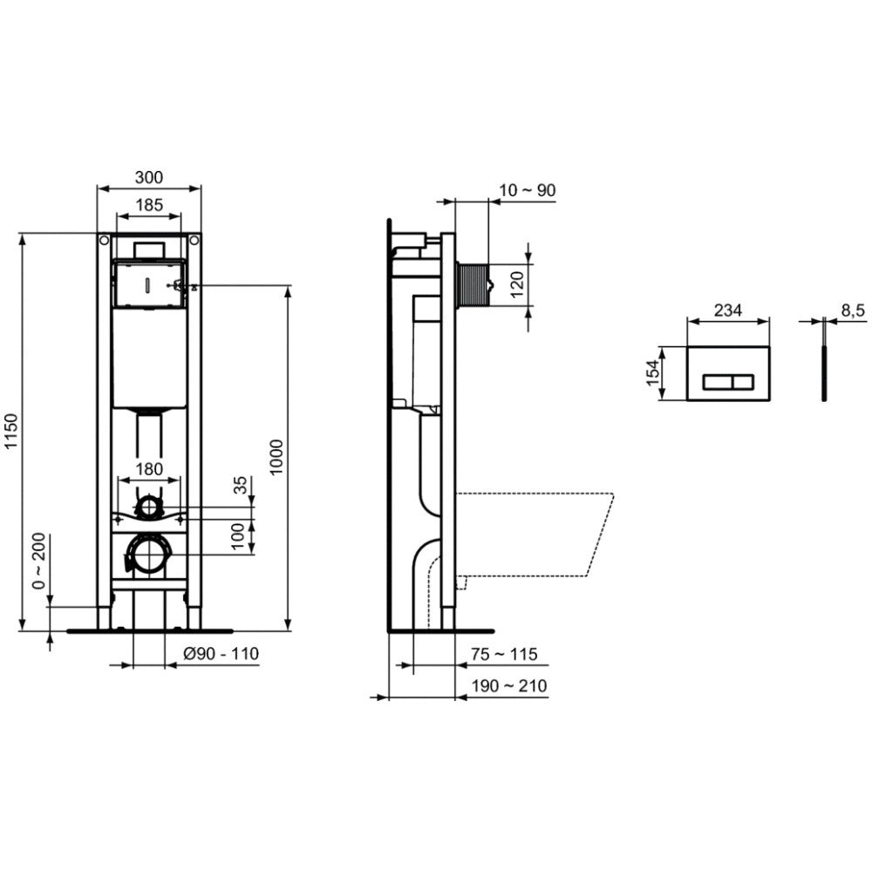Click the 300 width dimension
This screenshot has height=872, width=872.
point(149,177)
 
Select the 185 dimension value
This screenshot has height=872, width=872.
point(149,205)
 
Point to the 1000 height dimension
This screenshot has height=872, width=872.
point(276,457)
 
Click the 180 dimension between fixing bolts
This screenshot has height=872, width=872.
point(149,469)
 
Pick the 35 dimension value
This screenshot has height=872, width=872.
point(240,485)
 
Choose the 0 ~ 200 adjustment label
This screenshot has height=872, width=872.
point(39,561)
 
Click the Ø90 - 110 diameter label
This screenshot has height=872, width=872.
point(221,653)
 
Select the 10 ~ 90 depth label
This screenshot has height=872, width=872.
point(528,190)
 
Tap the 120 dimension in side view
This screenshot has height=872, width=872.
point(517,284)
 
